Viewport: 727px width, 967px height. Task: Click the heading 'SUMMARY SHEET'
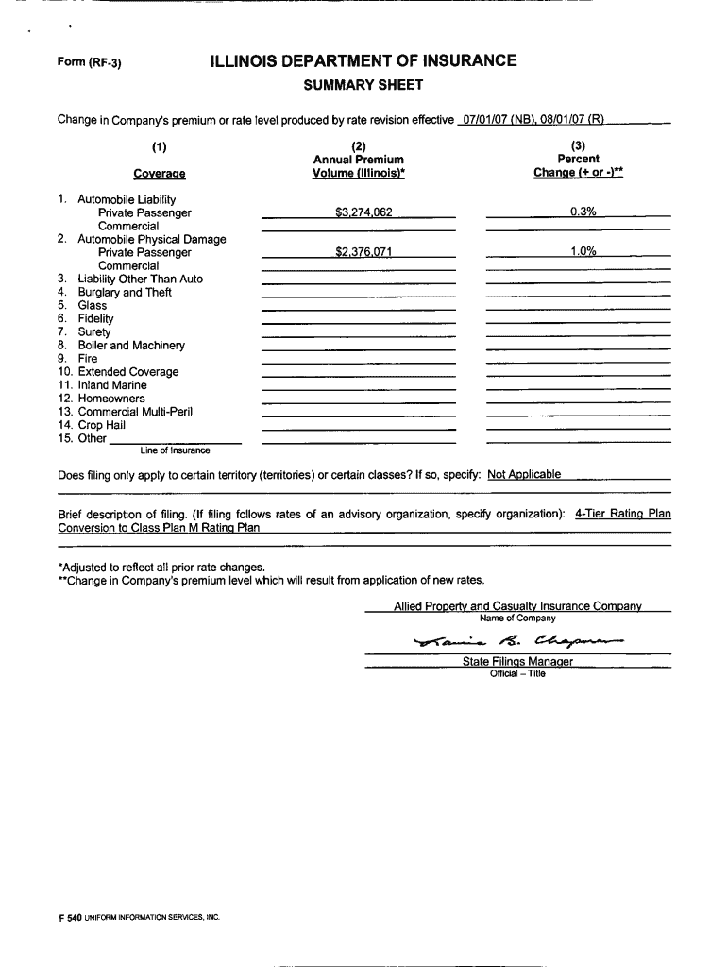(363, 86)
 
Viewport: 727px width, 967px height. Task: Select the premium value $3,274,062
(363, 212)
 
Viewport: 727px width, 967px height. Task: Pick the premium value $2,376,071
(363, 252)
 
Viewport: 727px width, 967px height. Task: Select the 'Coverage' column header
(159, 174)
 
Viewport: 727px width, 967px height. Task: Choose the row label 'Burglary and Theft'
(125, 292)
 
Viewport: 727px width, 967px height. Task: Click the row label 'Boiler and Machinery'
(131, 346)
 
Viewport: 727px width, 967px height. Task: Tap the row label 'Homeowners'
(111, 399)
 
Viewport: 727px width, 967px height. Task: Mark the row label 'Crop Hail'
(102, 425)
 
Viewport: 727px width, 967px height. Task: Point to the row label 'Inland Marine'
(112, 385)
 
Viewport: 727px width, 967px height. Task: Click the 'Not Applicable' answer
(524, 474)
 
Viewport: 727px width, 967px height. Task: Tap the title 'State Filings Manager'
(517, 662)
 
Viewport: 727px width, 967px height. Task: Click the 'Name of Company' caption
(517, 618)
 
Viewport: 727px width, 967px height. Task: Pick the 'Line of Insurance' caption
(175, 450)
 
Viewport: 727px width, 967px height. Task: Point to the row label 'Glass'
(93, 305)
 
